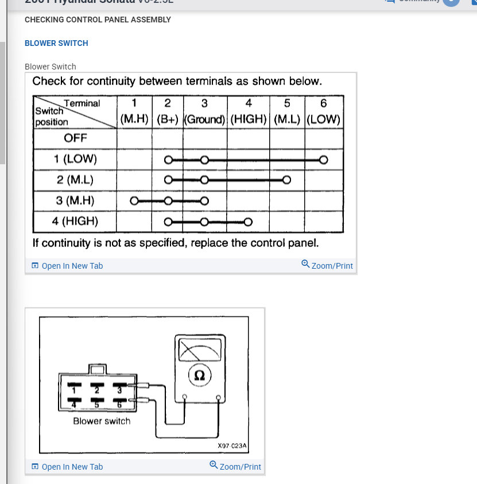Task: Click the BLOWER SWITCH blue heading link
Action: pos(56,43)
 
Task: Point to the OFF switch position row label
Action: pos(75,138)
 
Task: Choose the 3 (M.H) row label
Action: pos(75,200)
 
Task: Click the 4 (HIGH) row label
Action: pos(75,221)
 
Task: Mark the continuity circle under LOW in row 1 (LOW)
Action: pos(324,160)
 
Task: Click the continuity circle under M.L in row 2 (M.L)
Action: pos(287,180)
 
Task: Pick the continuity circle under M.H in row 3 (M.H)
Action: pos(134,201)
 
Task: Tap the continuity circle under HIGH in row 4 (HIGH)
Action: pos(248,222)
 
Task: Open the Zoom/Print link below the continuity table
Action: pos(327,265)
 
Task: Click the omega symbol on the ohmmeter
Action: pos(200,375)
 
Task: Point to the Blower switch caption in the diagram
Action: pos(102,421)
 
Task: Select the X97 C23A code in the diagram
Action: pos(232,445)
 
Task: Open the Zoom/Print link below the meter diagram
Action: pos(235,466)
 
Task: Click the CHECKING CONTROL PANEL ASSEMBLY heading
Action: pos(98,20)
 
